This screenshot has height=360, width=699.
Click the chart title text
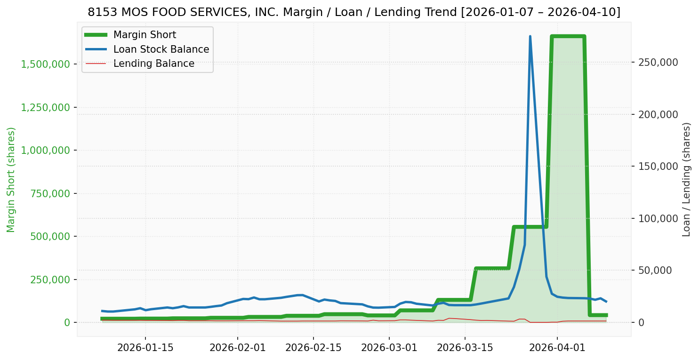354,12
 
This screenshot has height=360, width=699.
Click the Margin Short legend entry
145,35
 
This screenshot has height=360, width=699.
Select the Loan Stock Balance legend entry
161,49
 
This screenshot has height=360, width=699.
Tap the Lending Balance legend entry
153,64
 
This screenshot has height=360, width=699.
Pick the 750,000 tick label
50,193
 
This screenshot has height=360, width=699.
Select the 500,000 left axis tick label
50,236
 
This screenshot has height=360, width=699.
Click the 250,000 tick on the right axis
658,62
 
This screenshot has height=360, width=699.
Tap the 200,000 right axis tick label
658,114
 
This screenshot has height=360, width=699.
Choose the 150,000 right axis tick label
658,166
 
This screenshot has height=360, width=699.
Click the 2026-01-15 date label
145,348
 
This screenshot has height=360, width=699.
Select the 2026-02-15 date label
313,348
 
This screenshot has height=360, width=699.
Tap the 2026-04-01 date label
557,348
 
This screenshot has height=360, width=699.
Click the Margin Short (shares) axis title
11,180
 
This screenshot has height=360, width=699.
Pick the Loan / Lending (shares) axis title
687,180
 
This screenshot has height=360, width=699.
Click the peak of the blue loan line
530,36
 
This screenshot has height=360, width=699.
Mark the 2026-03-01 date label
389,348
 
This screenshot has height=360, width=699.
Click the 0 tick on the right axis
641,322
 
